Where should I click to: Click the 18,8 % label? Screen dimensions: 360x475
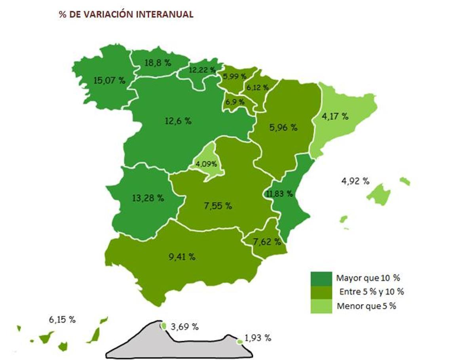coord(158,63)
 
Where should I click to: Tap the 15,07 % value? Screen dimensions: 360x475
coord(109,80)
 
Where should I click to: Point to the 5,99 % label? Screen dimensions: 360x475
coord(235,76)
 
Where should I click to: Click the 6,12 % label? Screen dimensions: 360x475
coord(257,88)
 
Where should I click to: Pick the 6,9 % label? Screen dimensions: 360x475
coord(235,102)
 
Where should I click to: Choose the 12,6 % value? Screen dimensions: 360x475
coord(178,121)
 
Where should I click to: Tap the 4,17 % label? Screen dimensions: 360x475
coord(335,116)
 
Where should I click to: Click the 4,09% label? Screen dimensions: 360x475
coord(206,164)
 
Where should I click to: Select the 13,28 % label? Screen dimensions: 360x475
coord(148,198)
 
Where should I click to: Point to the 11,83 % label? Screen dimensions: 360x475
coord(279,194)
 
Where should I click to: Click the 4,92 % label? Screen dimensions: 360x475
coord(355,181)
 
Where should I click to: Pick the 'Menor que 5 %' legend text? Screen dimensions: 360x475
coord(367,306)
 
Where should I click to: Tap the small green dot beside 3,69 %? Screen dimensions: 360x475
coord(163,326)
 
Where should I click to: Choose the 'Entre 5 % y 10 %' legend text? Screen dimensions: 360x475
coord(372,292)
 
